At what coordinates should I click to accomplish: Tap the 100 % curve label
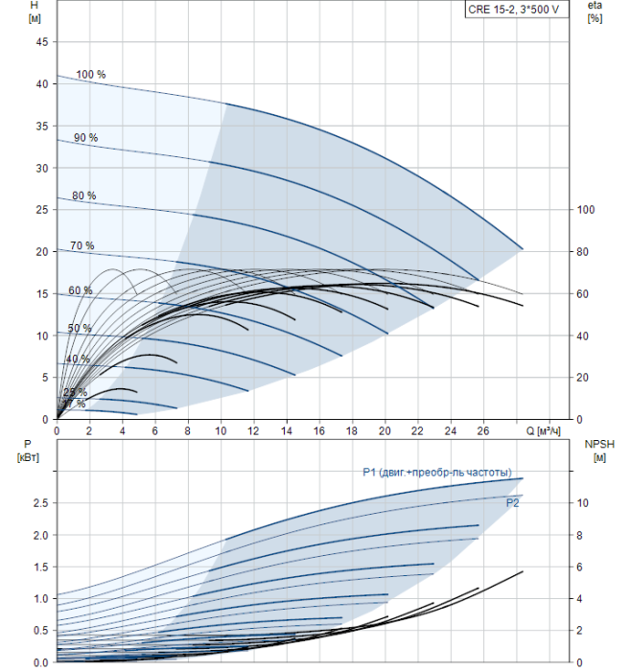point(91,75)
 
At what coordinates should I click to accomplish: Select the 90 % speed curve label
point(85,138)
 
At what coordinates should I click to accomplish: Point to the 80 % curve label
point(83,197)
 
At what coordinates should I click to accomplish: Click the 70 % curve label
point(82,246)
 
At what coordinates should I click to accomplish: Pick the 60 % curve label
point(81,290)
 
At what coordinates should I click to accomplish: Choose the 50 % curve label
point(80,329)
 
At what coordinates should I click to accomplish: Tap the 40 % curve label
point(78,359)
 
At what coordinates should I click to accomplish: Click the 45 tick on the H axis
point(40,42)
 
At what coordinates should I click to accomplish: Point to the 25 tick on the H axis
point(40,210)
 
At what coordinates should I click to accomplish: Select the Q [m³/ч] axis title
point(543,432)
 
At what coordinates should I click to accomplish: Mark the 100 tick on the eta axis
point(587,210)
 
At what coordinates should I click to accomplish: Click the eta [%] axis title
point(595,12)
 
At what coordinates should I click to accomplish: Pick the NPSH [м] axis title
point(596,450)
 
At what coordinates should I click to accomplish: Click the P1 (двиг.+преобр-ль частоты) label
point(443,471)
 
